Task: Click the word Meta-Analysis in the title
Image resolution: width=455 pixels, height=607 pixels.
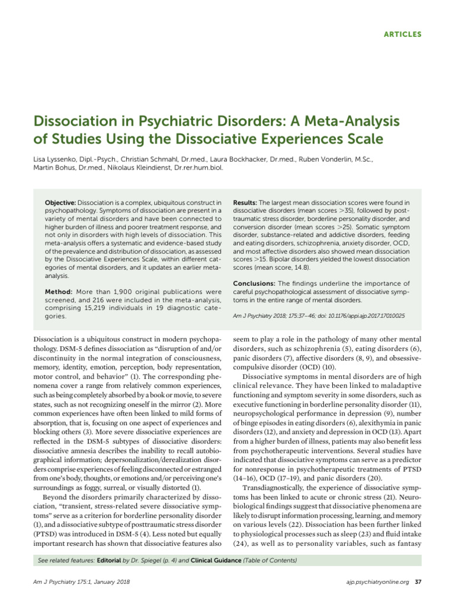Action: [x=331, y=122]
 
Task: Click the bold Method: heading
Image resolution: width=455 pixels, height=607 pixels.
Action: [x=59, y=292]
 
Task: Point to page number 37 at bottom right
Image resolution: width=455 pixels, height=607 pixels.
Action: [x=418, y=581]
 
